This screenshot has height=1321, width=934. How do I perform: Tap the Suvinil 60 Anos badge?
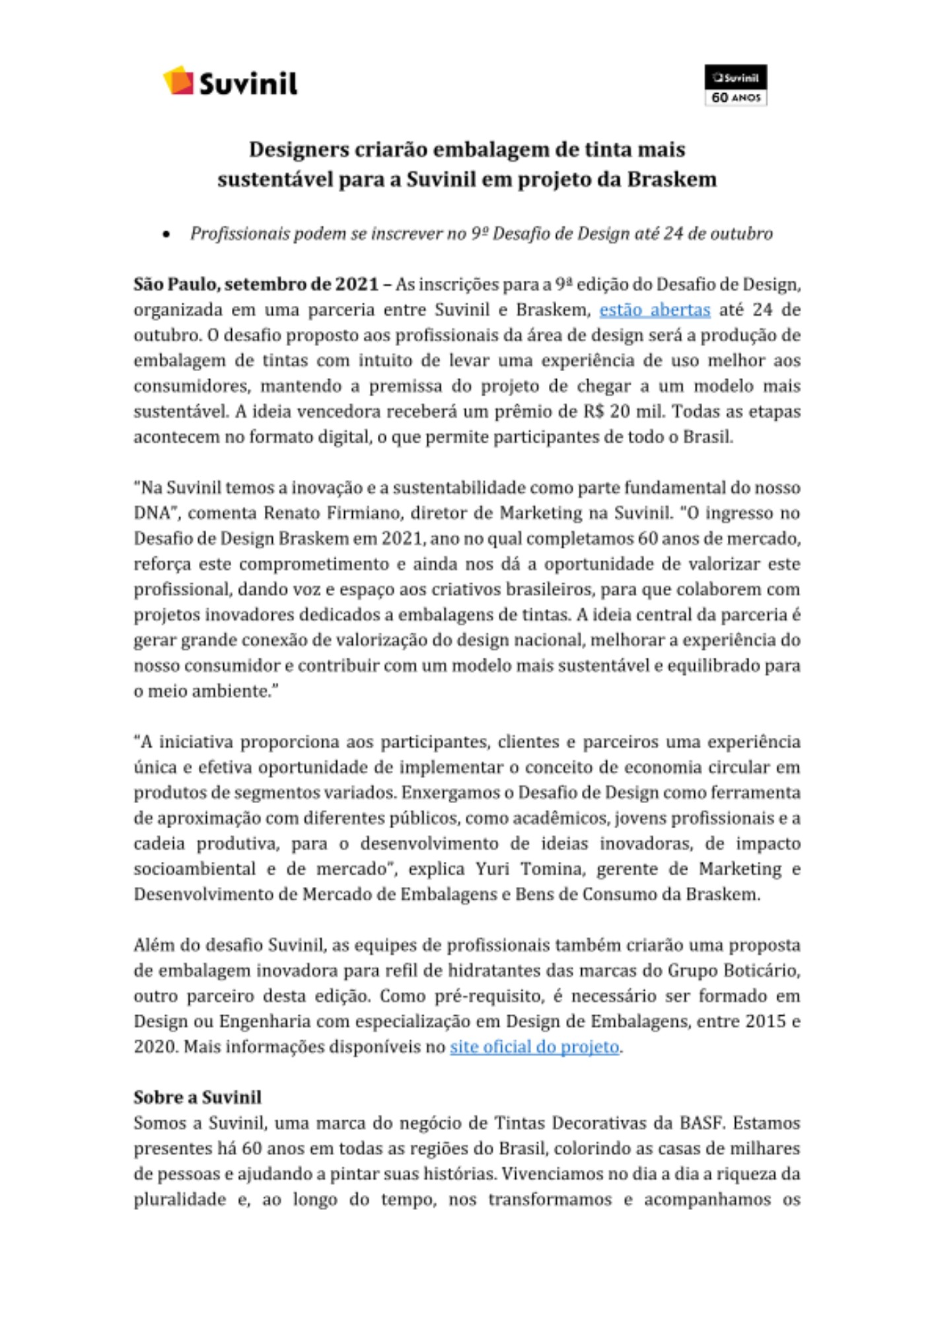coord(735,85)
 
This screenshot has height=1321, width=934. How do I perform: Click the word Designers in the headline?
coord(299,150)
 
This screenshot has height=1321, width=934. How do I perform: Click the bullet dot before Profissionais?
coord(166,234)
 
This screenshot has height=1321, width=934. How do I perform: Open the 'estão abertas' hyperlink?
coord(654,310)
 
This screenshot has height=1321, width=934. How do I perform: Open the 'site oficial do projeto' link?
coord(534,1047)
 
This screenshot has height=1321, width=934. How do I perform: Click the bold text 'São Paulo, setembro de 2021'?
coord(256,285)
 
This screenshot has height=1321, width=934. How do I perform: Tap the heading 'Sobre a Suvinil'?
coord(198,1098)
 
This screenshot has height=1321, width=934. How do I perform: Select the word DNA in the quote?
coord(152,513)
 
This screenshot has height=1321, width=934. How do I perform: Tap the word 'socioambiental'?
coord(194,869)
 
